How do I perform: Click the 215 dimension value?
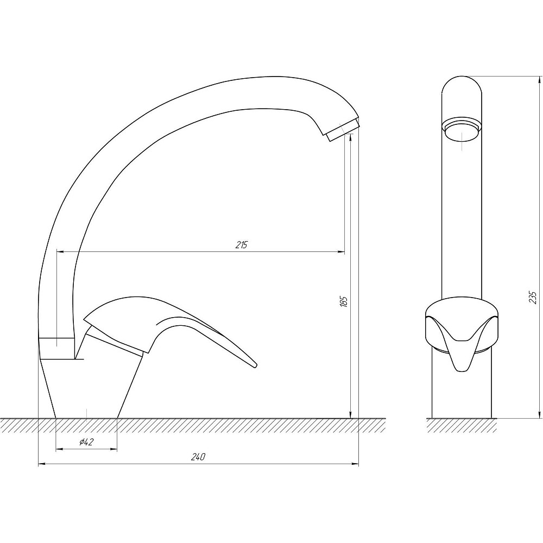pyautogui.click(x=242, y=245)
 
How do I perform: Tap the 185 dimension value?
pyautogui.click(x=344, y=301)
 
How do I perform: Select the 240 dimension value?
pyautogui.click(x=198, y=457)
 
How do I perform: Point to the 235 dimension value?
pyautogui.click(x=534, y=298)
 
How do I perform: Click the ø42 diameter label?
pyautogui.click(x=86, y=442)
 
